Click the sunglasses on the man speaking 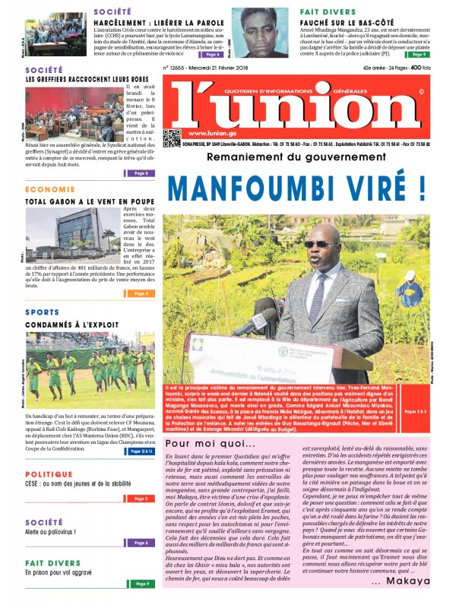316,244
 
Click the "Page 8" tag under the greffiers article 141,173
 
